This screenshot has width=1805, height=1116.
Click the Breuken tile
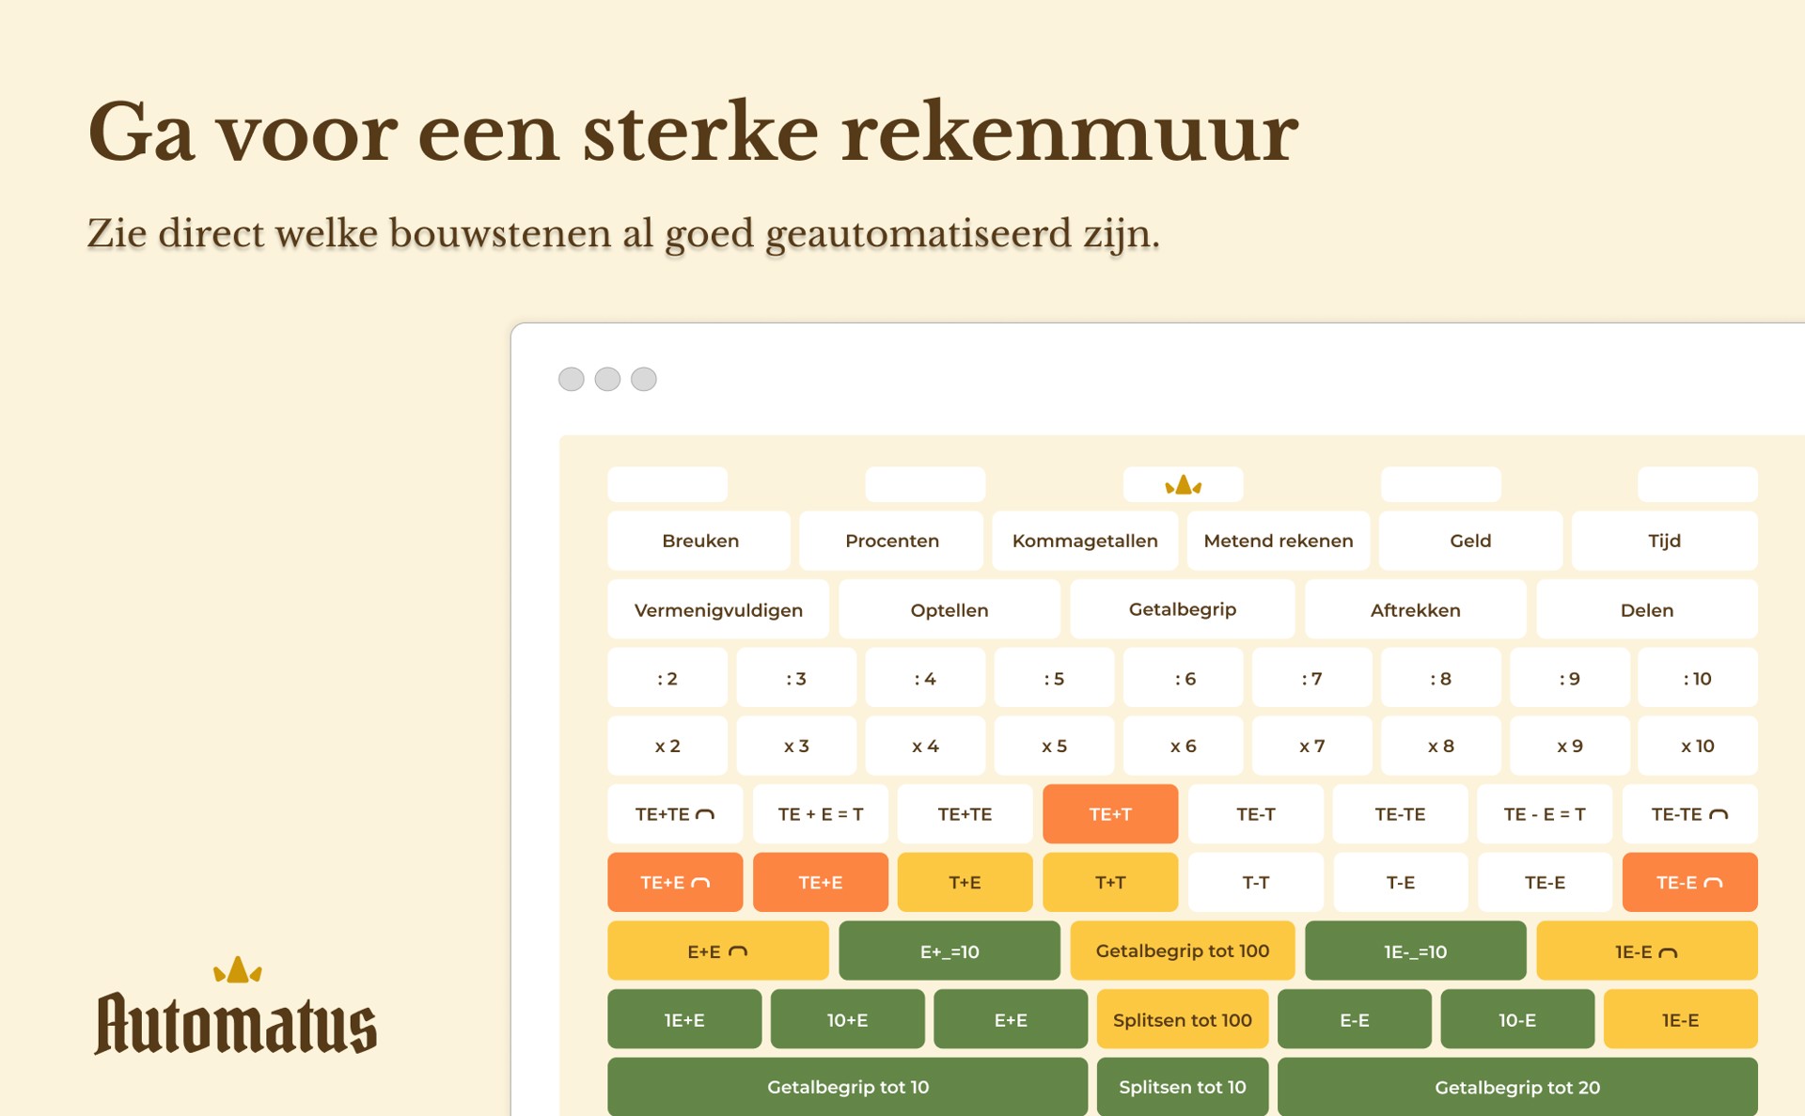(699, 541)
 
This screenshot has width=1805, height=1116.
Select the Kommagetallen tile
(1085, 541)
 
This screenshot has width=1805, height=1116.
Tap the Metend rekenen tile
(1279, 541)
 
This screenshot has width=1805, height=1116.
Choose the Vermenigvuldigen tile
(718, 609)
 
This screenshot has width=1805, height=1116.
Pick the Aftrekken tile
(1415, 609)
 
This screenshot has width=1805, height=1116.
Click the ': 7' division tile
(1311, 678)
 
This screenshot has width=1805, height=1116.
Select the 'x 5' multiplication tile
(1054, 746)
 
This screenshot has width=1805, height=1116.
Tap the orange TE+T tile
(1110, 814)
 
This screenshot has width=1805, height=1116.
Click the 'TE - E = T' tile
(1545, 814)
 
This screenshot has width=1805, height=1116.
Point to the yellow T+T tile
(1110, 882)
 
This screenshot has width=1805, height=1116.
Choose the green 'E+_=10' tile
(950, 951)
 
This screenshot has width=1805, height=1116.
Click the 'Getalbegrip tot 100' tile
(1183, 951)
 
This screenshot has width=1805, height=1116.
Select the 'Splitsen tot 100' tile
(1183, 1019)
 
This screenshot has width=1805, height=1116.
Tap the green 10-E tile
(1517, 1019)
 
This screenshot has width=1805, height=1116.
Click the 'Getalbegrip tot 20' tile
(1517, 1087)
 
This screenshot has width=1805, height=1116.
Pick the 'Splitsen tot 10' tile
(1183, 1087)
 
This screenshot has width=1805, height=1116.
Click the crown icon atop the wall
(1184, 485)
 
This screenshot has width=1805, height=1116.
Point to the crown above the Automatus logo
(238, 970)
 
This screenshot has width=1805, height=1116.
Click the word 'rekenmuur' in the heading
(1070, 134)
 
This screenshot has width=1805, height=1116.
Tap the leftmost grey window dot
(572, 379)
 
